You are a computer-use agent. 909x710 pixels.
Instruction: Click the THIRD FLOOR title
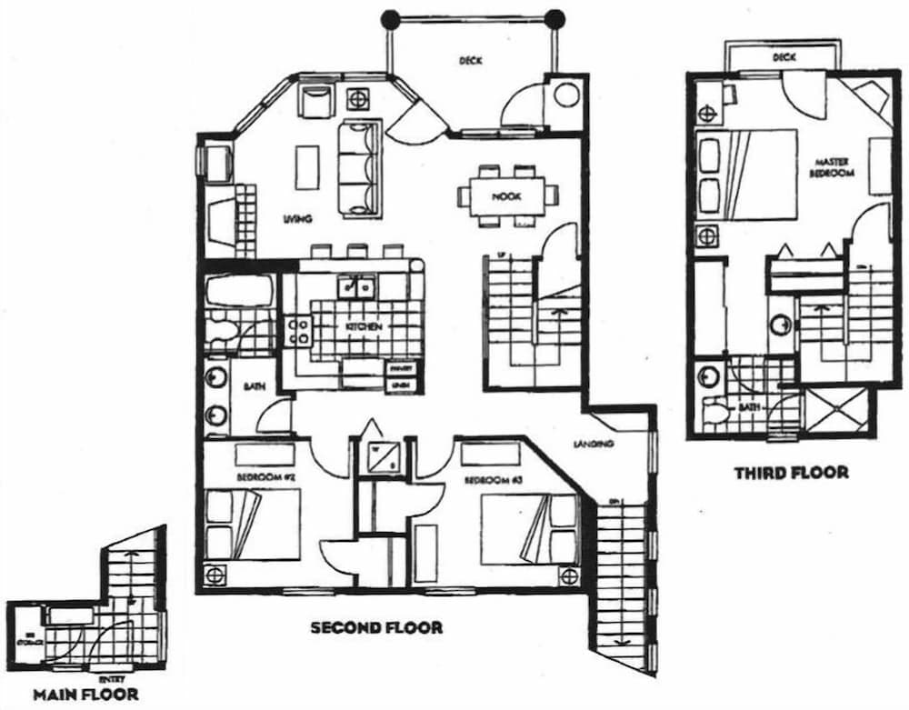(x=791, y=473)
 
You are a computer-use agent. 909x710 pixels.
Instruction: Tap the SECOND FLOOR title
(x=376, y=627)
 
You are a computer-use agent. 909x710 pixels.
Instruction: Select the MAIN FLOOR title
(x=86, y=695)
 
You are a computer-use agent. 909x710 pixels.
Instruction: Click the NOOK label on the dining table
(x=505, y=196)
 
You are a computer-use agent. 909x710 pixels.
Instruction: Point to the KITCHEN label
(x=363, y=326)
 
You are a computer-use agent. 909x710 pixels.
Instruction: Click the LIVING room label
(x=297, y=219)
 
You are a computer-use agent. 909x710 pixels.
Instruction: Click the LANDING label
(x=595, y=445)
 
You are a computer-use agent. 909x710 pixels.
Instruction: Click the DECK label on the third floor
(x=784, y=57)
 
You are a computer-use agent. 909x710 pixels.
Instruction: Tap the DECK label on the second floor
(x=470, y=62)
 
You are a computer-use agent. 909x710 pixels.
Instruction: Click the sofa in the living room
(x=358, y=169)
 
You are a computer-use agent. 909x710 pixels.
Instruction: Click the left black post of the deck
(x=390, y=17)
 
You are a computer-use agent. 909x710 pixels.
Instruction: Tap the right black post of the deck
(x=554, y=17)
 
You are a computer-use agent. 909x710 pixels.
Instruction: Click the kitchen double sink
(x=359, y=287)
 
